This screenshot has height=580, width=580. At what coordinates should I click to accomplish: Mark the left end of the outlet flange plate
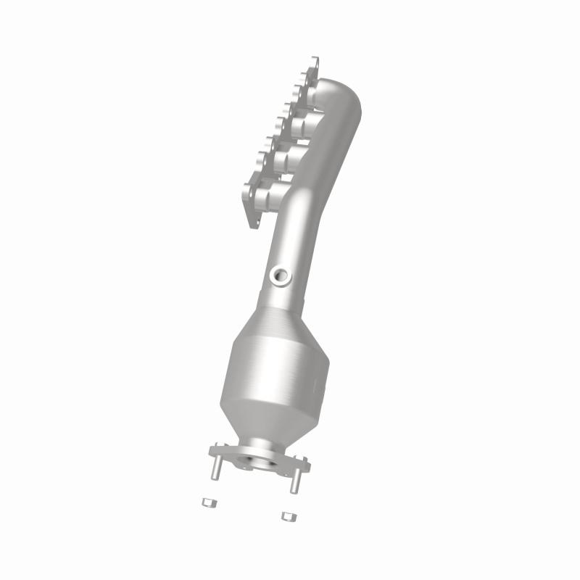(x=212, y=452)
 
